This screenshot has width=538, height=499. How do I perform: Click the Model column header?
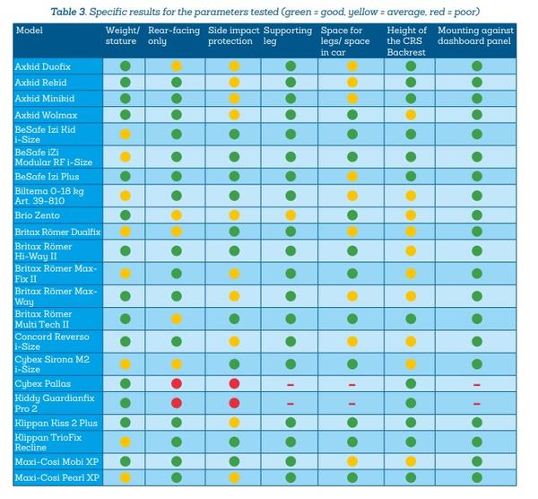pyautogui.click(x=29, y=31)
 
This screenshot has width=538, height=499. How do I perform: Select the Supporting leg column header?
pyautogui.click(x=283, y=36)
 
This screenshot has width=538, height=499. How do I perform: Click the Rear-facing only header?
pyautogui.click(x=174, y=36)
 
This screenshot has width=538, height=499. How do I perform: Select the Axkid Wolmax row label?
pyautogui.click(x=46, y=115)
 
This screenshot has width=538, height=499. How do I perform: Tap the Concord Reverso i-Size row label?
pyautogui.click(x=51, y=342)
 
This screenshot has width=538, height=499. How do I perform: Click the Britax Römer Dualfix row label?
pyautogui.click(x=57, y=232)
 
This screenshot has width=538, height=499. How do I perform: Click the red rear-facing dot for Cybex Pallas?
pyautogui.click(x=177, y=383)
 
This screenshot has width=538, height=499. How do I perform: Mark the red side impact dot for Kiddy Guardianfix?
pyautogui.click(x=234, y=403)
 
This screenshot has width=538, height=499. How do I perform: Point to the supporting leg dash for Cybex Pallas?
pyautogui.click(x=290, y=383)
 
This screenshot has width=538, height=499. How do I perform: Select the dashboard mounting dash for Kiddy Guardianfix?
pyautogui.click(x=476, y=403)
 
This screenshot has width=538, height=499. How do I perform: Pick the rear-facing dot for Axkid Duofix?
pyautogui.click(x=177, y=67)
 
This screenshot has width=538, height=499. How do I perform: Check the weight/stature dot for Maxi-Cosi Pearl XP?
pyautogui.click(x=126, y=477)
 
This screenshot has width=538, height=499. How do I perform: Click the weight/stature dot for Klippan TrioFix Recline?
pyautogui.click(x=126, y=442)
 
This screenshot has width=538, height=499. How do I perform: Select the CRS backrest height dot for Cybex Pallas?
pyautogui.click(x=410, y=383)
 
